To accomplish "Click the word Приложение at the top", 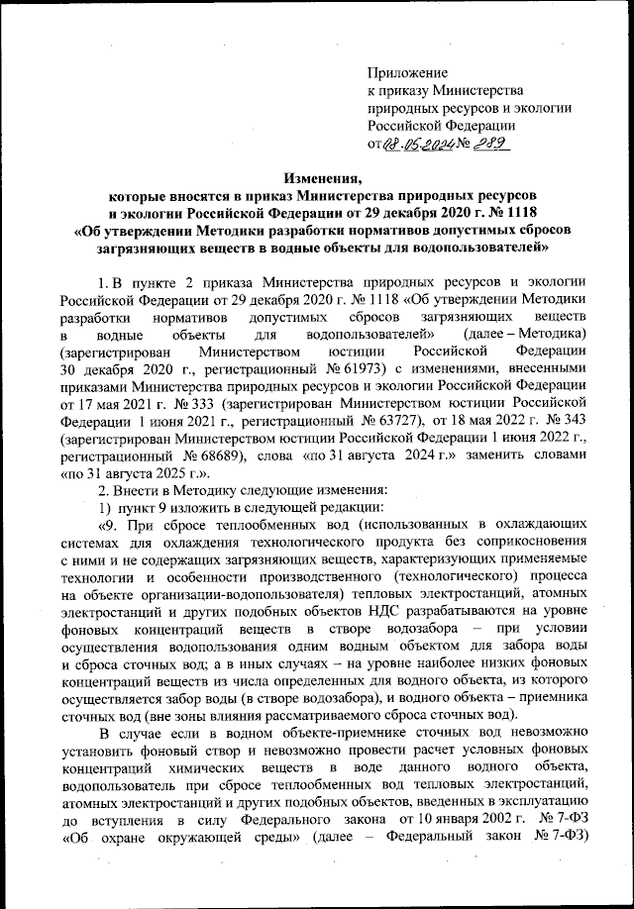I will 407,72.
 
